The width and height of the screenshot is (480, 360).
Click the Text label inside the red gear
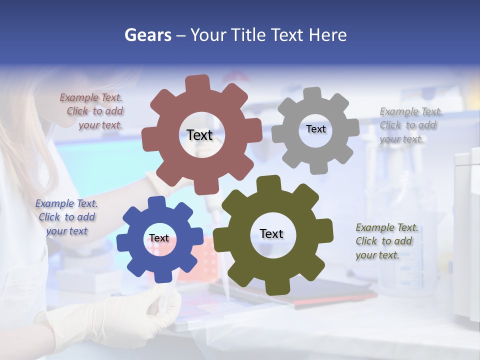point(199,135)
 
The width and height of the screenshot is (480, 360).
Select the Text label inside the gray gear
point(315,129)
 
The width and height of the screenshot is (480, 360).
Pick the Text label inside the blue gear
point(159,238)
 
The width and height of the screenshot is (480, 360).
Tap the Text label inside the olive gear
point(271,233)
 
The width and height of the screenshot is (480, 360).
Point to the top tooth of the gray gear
point(312,93)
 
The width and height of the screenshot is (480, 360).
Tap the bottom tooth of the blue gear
point(161,276)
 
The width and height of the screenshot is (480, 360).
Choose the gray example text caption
point(410,125)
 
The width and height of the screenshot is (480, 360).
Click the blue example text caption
point(66,217)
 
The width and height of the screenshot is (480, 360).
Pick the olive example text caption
point(386,241)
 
